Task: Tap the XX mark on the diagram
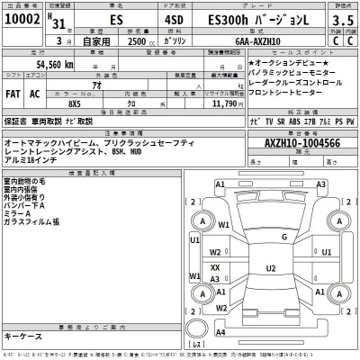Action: (215, 267)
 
